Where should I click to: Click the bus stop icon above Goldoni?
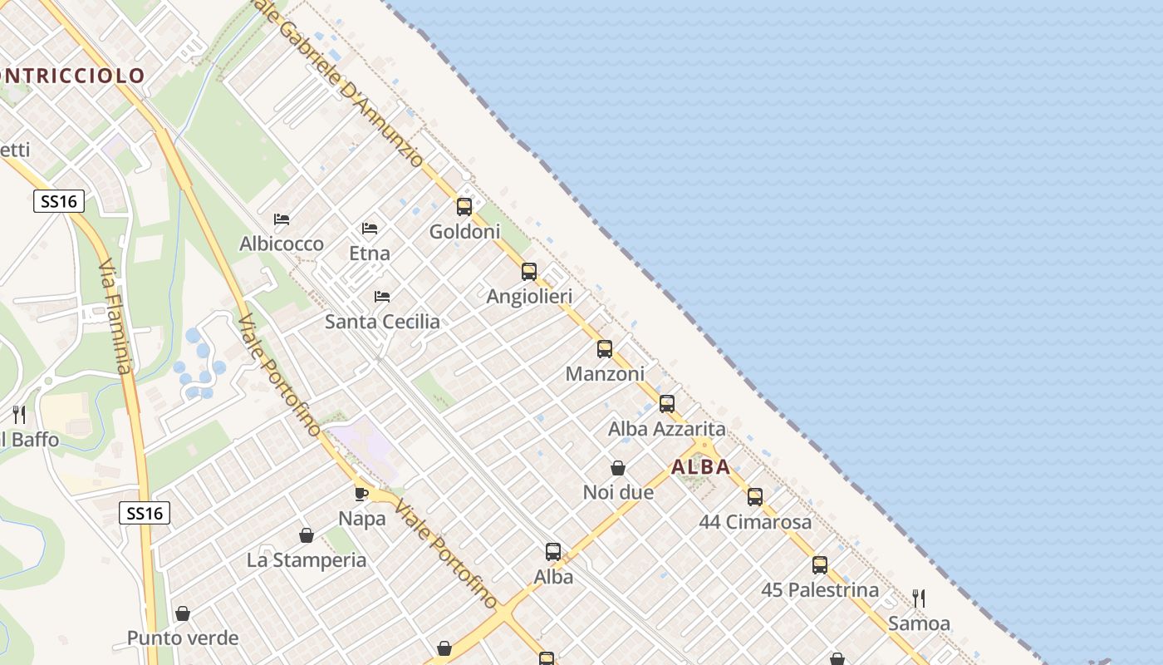coord(464,207)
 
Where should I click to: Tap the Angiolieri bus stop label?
coord(529,297)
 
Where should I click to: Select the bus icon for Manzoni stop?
coord(605,349)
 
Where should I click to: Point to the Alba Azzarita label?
coord(667,430)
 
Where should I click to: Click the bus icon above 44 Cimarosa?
coord(755,497)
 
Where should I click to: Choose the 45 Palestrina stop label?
coord(820,590)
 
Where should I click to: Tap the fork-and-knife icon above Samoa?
coord(919,598)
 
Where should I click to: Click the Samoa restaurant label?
coord(919,623)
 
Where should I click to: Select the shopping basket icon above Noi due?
coord(618,468)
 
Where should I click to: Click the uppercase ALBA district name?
coord(701,467)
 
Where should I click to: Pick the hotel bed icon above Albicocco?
coord(282,219)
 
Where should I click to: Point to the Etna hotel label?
coord(370,254)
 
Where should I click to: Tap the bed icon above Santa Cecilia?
coord(382,296)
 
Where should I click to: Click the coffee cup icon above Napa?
coord(361,494)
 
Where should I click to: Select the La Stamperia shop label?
coord(307,560)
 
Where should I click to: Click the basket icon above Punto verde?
coord(183,613)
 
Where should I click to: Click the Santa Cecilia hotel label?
coord(382,322)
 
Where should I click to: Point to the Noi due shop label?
coord(618,492)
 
